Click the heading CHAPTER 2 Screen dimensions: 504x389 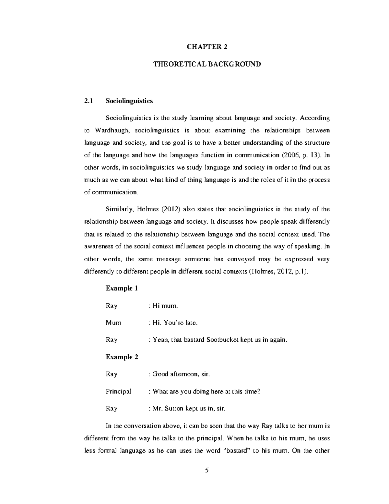[x=207, y=47]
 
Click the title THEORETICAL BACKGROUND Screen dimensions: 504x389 [x=207, y=64]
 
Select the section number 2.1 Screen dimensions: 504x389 [x=88, y=101]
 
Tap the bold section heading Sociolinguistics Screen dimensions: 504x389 [x=129, y=101]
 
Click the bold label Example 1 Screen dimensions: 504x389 [x=122, y=288]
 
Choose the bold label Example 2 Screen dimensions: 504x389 [x=122, y=357]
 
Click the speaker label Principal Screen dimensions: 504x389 [x=118, y=391]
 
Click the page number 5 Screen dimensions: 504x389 [x=207, y=470]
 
